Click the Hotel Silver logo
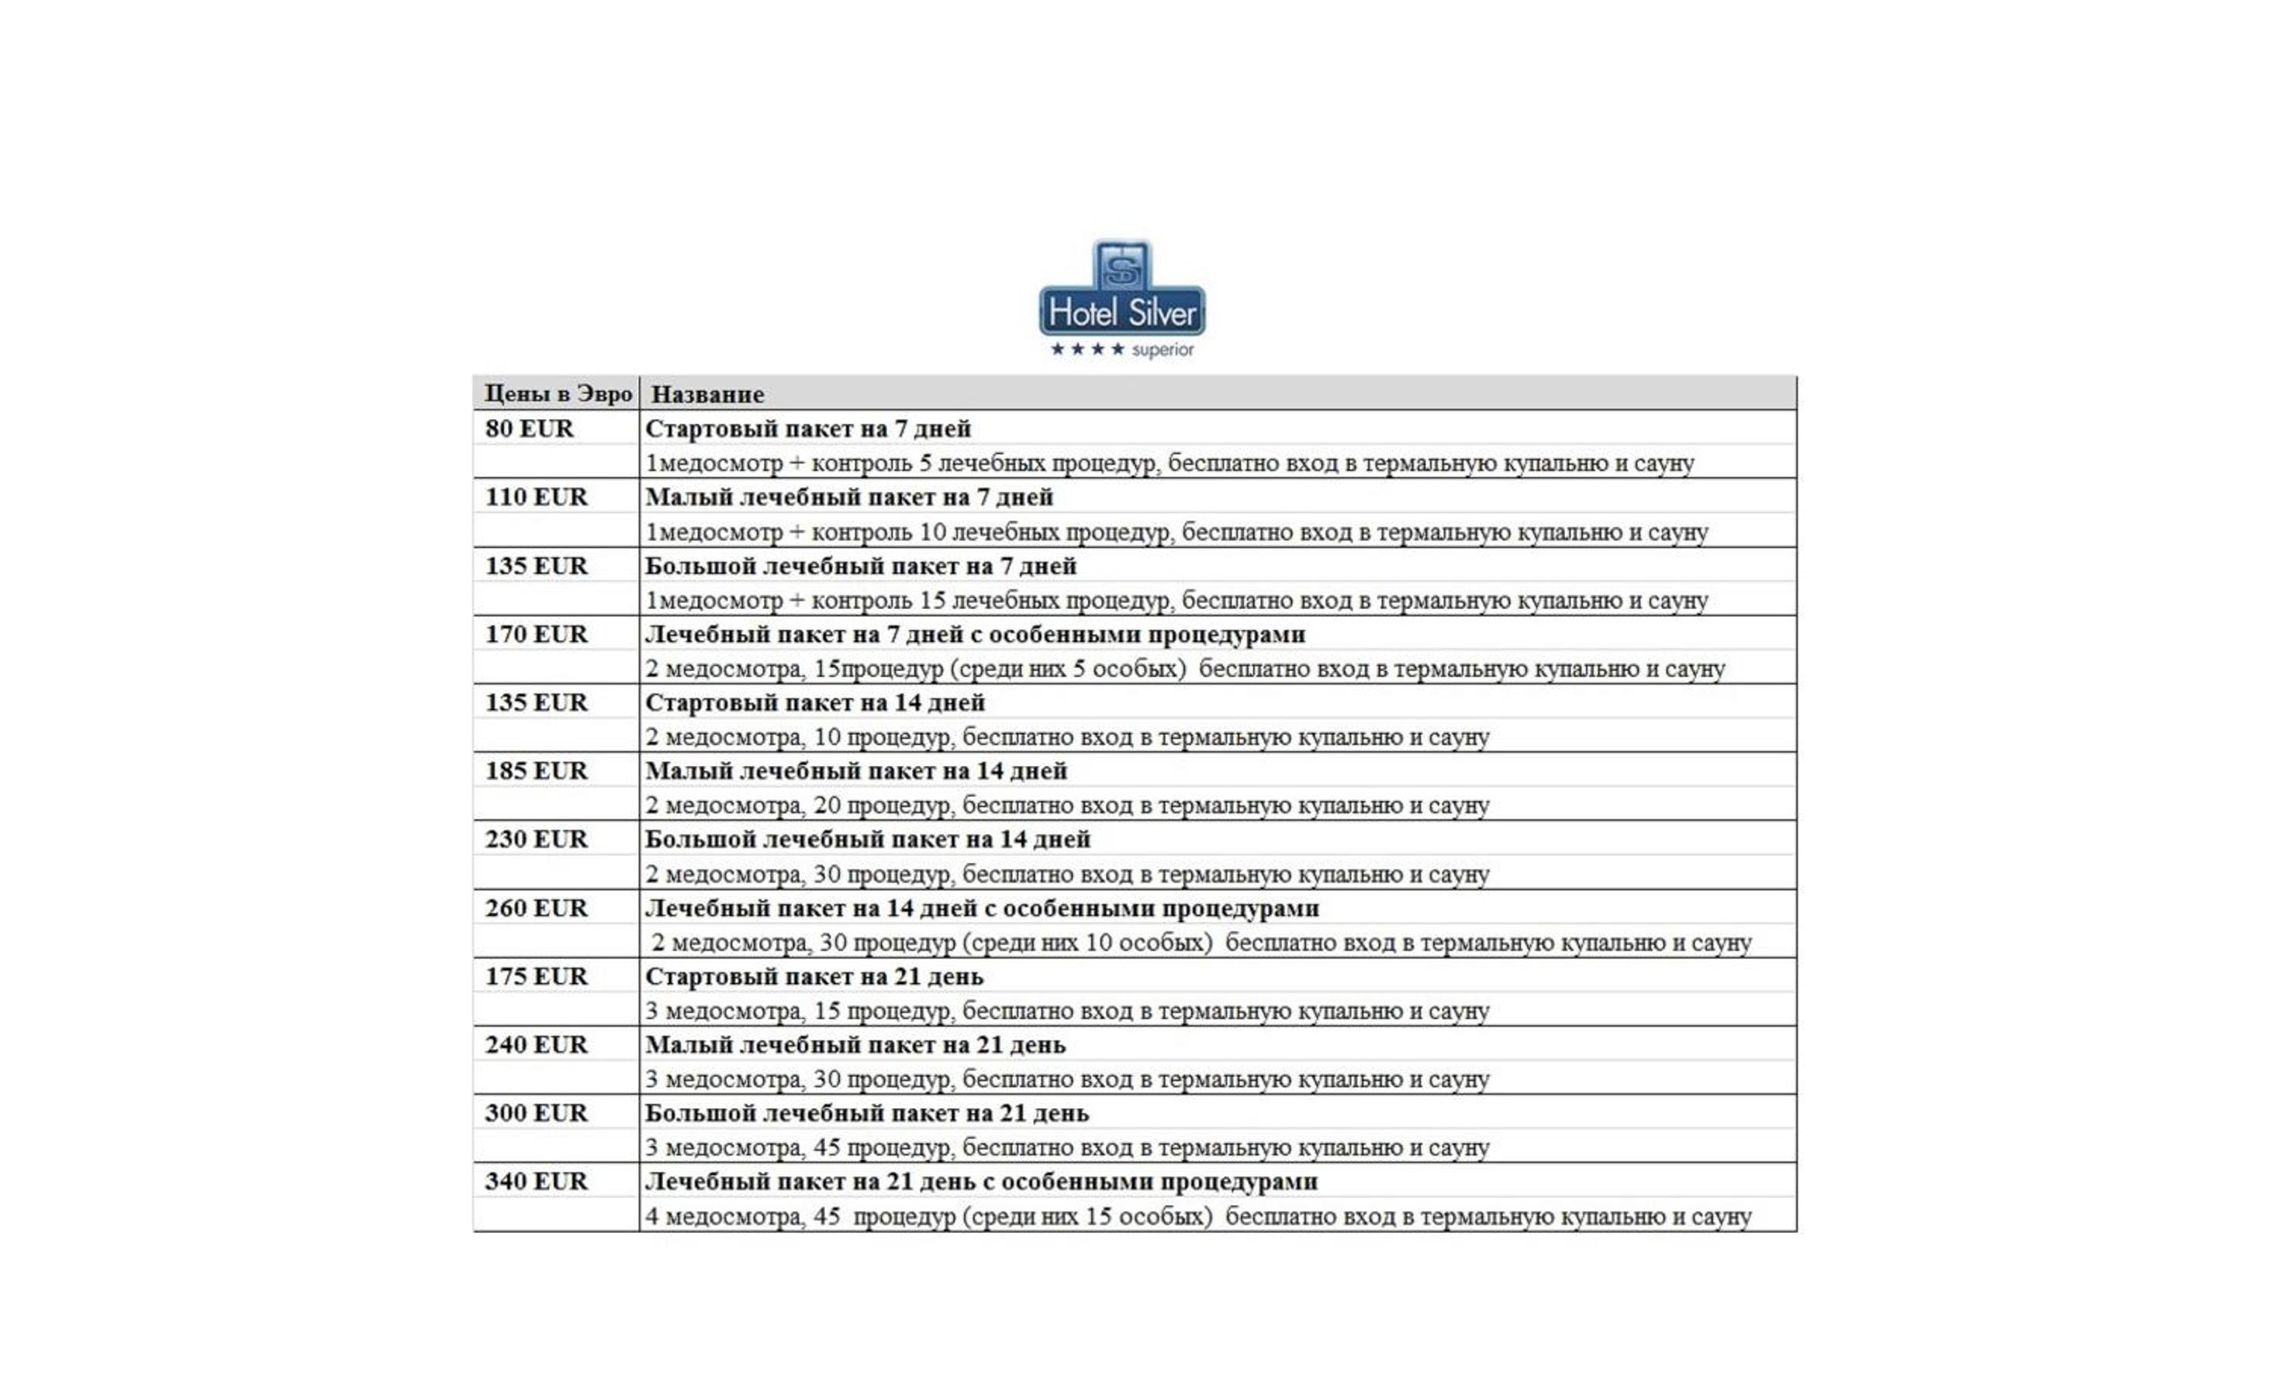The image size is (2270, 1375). click(1121, 290)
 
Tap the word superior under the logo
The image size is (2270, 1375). click(1162, 350)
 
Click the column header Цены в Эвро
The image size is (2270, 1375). click(558, 393)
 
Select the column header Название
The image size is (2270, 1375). click(707, 394)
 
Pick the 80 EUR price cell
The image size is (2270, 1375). click(529, 428)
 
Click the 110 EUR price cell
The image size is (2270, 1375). click(535, 497)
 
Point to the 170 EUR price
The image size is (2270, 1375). click(535, 634)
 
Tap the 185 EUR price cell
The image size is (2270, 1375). click(535, 771)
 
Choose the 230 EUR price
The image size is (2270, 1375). click(535, 839)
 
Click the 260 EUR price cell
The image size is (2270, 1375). click(535, 908)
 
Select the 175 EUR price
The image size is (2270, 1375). click(535, 976)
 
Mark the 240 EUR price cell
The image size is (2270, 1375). click(535, 1044)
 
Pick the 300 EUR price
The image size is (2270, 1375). click(535, 1113)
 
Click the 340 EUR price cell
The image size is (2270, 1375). click(535, 1180)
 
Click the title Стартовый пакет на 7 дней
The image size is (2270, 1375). click(807, 428)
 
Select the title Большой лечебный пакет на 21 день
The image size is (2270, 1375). click(866, 1113)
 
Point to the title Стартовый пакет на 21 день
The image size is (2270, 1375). click(814, 976)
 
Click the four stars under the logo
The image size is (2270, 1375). click(1087, 349)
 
